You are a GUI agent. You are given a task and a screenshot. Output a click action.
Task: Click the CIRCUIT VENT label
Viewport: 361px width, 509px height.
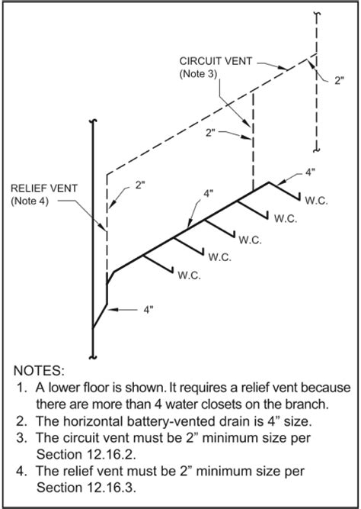pos(216,61)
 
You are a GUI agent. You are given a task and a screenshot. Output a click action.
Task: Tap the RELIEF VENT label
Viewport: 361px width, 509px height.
pos(44,188)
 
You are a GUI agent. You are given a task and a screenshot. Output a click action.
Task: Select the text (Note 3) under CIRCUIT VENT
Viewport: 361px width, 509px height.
pos(198,74)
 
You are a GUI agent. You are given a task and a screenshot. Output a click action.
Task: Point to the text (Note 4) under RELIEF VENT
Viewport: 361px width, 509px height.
pos(30,201)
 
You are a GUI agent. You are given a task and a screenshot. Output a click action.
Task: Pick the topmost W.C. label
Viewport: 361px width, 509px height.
pos(316,201)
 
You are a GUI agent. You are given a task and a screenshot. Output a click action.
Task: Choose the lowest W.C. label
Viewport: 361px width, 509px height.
pos(189,275)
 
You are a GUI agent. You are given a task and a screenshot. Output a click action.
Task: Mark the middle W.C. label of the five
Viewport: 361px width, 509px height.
pos(250,240)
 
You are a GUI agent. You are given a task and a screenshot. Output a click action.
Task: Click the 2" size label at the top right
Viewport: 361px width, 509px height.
pos(339,81)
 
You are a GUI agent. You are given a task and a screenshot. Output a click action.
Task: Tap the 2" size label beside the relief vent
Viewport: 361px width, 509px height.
pos(139,185)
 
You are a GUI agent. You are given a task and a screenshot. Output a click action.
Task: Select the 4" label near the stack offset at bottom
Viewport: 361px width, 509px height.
pos(148,310)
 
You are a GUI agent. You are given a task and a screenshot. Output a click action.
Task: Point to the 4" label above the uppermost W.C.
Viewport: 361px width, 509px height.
pos(309,172)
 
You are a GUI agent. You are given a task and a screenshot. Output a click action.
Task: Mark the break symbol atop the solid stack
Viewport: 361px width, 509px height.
pos(93,122)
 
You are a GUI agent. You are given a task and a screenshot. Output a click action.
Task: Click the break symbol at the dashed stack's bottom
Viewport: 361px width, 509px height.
pos(317,150)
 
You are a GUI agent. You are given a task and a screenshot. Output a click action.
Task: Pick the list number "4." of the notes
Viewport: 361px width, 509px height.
pos(21,471)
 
